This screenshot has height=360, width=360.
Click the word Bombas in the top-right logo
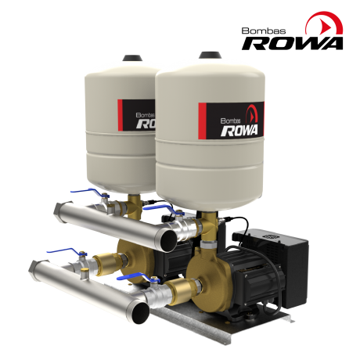click(264, 31)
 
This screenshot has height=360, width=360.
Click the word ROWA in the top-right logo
click(292, 43)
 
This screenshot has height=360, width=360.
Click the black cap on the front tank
click(211, 55)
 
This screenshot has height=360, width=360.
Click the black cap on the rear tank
click(133, 57)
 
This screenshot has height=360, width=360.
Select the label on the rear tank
click(136, 115)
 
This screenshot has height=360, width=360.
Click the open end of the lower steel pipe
click(140, 313)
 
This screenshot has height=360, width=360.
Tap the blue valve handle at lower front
click(135, 278)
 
